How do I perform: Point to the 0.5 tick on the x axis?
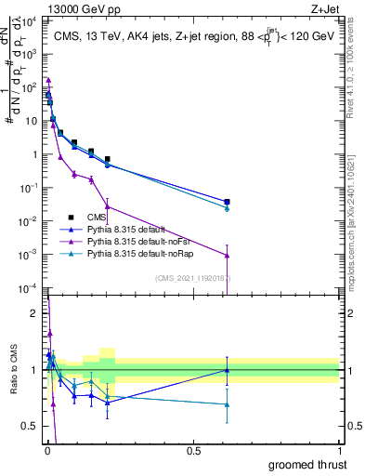[x=193, y=450]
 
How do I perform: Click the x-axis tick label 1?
[x=339, y=450]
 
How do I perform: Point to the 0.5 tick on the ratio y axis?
[x=31, y=426]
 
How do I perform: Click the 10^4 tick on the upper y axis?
[x=31, y=20]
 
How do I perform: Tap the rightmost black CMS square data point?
[x=227, y=202]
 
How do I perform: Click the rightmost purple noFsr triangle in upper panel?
[x=227, y=255]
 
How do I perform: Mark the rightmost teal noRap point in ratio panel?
[x=227, y=404]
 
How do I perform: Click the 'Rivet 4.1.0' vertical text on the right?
[x=356, y=102]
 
